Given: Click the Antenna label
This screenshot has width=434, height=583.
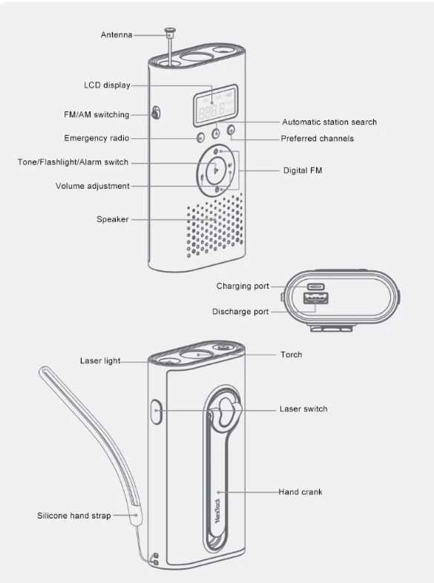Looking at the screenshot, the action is [116, 35].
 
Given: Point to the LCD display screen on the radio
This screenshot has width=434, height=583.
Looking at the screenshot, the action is [215, 105].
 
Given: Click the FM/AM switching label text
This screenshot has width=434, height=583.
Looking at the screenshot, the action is [96, 114].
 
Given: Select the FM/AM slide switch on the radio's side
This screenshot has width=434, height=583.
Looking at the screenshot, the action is [156, 113].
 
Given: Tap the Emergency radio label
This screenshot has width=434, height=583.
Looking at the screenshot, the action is [96, 138].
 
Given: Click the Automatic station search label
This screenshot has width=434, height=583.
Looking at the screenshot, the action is [329, 122].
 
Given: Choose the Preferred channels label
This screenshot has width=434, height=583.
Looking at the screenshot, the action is [317, 138].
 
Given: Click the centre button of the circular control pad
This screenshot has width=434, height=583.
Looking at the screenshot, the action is [216, 170].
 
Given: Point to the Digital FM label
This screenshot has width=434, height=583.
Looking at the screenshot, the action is [303, 170].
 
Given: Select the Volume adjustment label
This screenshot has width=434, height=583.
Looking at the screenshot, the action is [93, 186].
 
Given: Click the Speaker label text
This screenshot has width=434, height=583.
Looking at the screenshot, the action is [113, 219].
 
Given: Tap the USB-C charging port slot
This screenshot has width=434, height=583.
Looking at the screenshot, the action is [315, 287].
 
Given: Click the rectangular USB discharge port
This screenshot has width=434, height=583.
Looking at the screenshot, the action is [316, 298].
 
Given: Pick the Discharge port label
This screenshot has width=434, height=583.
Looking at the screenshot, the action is [240, 312].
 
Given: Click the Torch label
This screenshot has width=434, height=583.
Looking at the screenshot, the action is [292, 355].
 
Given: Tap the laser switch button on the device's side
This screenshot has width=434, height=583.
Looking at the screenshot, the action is [157, 411].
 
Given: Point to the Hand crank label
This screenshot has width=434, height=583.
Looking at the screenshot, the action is [300, 492].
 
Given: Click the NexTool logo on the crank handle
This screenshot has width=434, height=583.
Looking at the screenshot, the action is [217, 510].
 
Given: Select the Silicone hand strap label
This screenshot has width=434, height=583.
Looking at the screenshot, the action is [74, 515].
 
